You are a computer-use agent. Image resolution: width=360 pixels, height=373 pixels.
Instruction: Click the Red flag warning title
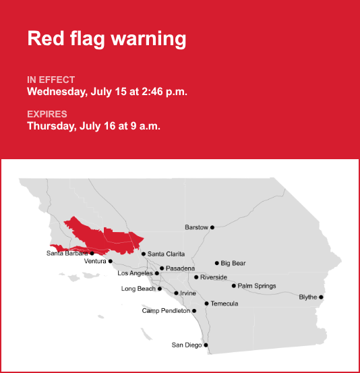107,38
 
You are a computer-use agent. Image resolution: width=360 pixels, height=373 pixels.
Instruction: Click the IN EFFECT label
51,80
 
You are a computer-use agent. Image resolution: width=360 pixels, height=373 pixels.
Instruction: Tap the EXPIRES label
47,114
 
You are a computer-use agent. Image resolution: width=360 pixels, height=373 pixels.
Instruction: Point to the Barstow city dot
212,227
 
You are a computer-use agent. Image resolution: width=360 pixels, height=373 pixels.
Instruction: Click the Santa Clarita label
166,254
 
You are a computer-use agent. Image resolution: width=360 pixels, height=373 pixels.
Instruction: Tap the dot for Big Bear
217,263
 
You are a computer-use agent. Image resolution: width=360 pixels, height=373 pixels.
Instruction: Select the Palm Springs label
257,286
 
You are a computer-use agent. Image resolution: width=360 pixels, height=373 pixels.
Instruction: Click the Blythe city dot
321,297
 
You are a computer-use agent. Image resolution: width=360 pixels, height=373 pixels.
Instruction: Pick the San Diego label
187,345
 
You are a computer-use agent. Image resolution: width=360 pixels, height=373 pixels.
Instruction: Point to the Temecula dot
207,304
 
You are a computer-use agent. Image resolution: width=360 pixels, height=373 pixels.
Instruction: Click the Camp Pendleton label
166,311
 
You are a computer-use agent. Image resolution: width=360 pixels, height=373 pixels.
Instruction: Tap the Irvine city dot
176,293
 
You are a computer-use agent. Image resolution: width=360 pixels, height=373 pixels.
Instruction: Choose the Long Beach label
138,289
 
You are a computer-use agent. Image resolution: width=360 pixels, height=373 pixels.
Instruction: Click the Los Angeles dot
157,273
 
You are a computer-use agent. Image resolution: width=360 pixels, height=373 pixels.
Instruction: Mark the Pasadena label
180,268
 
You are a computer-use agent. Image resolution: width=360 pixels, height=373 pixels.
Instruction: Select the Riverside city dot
196,277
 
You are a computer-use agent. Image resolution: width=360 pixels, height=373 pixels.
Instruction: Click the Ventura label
95,261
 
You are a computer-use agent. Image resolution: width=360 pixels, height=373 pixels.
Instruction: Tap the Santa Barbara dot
92,254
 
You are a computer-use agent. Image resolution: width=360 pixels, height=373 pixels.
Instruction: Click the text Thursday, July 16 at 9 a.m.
94,126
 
